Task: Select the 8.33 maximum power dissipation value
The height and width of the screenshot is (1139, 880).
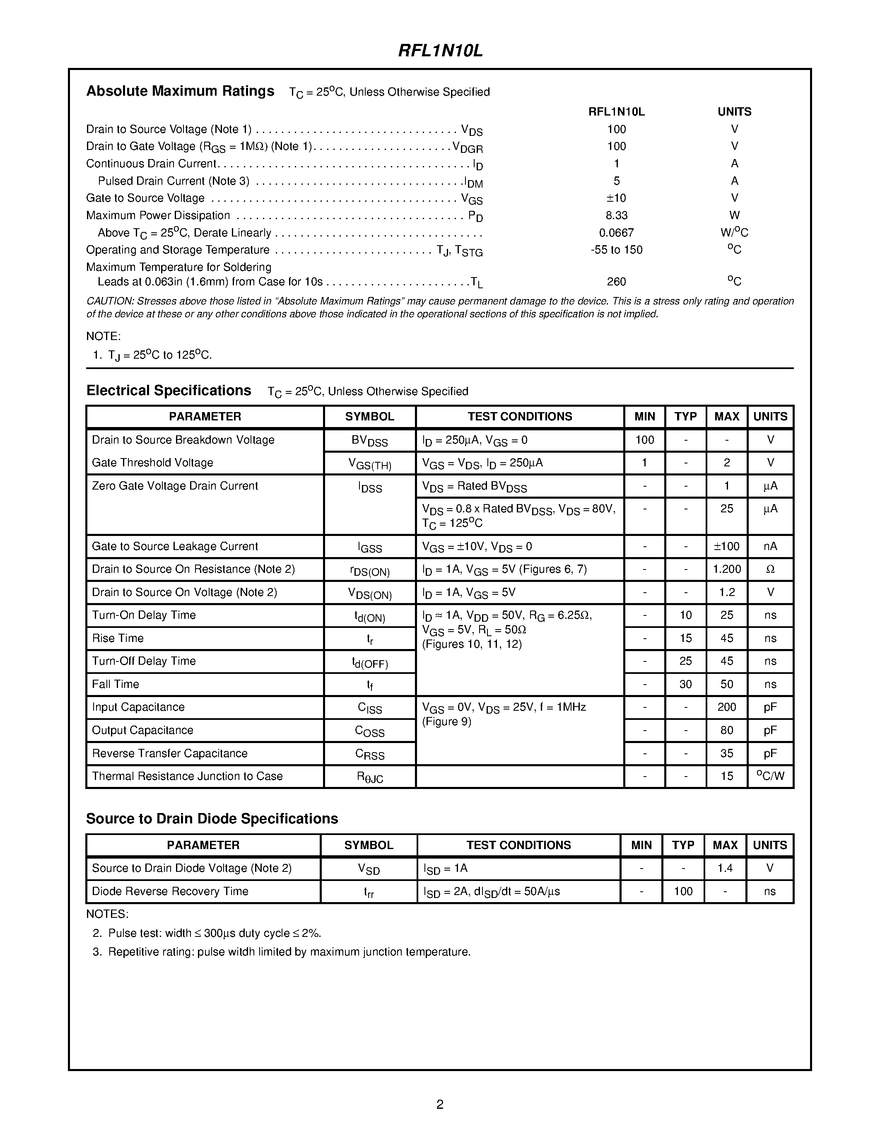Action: point(616,215)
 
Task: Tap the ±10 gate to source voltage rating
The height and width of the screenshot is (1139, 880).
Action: point(616,198)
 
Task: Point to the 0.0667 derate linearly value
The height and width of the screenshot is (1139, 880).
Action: point(616,233)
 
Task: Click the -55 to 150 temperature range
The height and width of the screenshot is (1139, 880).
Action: point(616,250)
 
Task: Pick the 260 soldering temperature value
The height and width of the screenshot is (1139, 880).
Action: point(616,282)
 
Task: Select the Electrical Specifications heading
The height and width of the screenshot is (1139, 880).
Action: point(169,391)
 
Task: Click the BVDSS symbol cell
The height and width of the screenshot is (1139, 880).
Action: point(370,441)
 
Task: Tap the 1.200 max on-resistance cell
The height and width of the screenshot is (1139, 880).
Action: point(727,569)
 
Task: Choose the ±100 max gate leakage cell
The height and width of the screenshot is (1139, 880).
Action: point(727,547)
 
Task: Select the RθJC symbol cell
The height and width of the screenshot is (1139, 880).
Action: point(370,777)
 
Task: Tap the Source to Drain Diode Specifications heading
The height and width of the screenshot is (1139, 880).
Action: point(212,819)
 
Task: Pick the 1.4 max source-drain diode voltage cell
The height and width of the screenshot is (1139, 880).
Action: point(725,868)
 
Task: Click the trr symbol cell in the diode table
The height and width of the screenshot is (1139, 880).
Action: point(369,892)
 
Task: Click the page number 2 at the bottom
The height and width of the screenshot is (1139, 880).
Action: point(439,1104)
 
